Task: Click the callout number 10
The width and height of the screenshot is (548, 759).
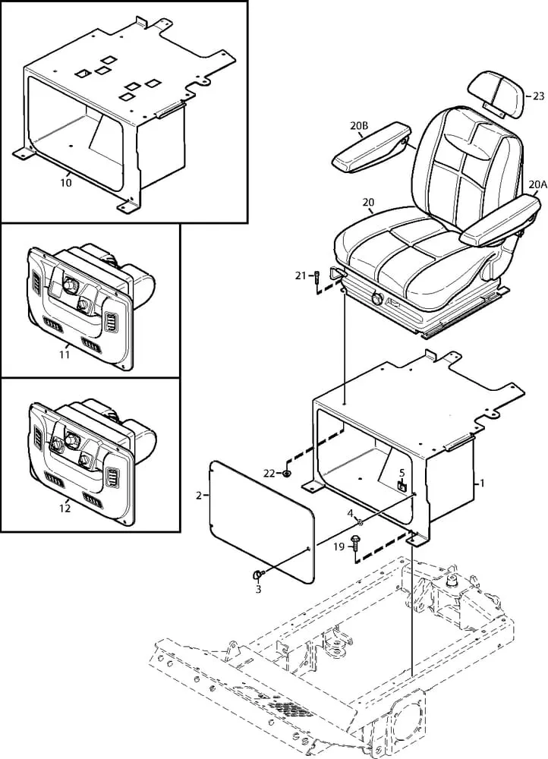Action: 66,182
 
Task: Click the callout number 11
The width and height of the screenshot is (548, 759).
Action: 65,354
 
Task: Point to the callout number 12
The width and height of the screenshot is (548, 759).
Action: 65,509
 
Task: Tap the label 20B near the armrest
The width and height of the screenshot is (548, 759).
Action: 359,126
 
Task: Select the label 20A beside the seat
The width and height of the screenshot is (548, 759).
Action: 537,184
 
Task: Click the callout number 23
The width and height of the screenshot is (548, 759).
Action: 538,96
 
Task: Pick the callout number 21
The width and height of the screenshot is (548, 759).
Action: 301,276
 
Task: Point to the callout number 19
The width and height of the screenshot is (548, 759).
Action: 339,546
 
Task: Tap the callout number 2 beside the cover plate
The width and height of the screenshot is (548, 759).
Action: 199,495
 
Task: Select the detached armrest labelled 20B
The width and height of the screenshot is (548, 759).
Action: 371,148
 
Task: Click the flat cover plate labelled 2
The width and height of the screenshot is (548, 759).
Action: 262,521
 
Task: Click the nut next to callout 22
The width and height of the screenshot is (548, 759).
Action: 287,473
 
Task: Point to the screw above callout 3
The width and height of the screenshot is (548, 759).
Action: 258,575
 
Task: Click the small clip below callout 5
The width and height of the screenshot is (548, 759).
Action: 402,486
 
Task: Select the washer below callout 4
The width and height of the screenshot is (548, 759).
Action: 360,522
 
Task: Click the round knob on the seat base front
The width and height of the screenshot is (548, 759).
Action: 376,298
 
